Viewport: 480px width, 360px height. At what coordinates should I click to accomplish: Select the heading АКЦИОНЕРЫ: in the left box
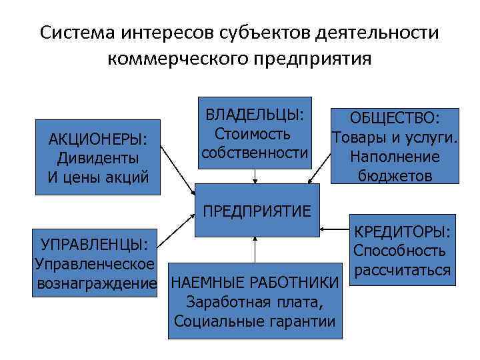coord(98,139)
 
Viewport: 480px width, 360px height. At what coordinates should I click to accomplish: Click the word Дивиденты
coord(98,159)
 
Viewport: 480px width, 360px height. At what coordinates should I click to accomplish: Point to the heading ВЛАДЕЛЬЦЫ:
coord(255,115)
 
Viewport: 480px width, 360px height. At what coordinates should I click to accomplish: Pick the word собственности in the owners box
coord(255,153)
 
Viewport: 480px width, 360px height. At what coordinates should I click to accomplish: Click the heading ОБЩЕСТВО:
coord(395,119)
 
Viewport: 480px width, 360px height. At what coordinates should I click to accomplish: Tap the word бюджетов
coord(395,175)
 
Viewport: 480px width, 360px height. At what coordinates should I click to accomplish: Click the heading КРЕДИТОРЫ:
coord(403,232)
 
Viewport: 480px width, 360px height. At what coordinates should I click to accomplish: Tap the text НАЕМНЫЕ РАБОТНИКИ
coord(255,281)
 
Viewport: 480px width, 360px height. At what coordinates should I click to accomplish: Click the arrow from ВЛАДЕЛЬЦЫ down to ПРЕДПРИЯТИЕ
coord(255,175)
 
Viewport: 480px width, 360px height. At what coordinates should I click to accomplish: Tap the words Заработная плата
coord(255,301)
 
